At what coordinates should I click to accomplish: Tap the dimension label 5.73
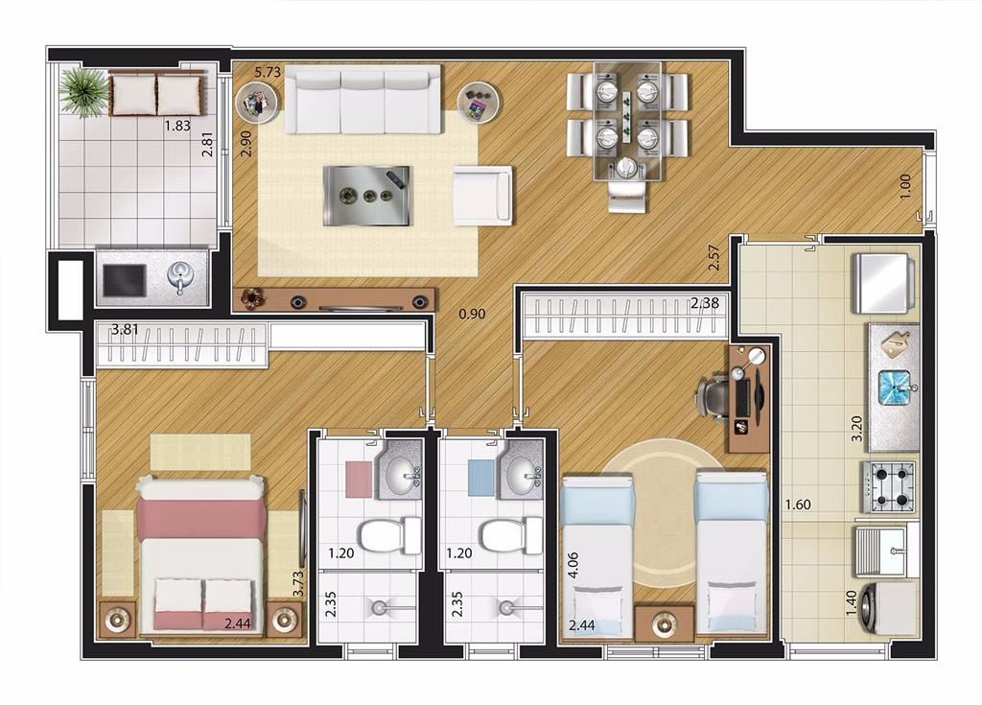tap(268, 72)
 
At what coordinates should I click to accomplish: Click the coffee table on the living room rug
tap(366, 196)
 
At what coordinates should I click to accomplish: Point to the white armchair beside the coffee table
tap(482, 195)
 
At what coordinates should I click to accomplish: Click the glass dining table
tap(627, 122)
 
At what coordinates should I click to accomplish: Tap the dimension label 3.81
tap(125, 330)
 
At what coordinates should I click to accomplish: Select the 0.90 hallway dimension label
tap(472, 314)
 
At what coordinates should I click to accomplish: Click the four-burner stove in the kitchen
tap(888, 487)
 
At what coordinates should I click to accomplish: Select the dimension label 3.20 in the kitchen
tap(856, 429)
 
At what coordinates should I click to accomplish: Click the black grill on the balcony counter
tap(125, 280)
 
